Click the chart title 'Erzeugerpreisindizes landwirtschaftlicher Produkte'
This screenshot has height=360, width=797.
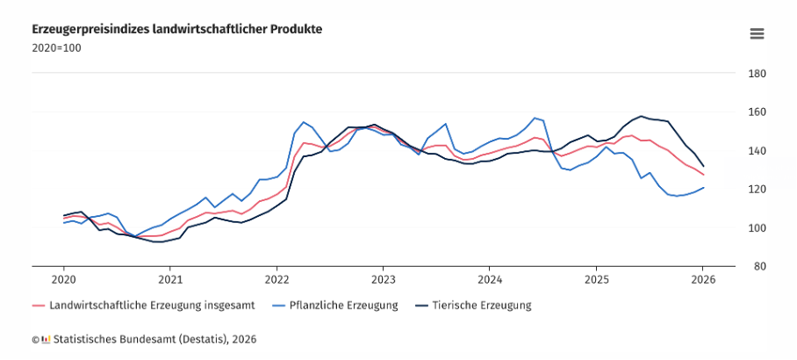pyautogui.click(x=176, y=29)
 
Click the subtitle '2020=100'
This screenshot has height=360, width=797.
pyautogui.click(x=56, y=47)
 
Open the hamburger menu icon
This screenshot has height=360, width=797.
pyautogui.click(x=757, y=33)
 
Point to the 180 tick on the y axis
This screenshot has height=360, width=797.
pyautogui.click(x=757, y=74)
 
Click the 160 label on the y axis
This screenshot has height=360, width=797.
pyautogui.click(x=757, y=112)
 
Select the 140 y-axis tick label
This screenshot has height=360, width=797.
pyautogui.click(x=757, y=151)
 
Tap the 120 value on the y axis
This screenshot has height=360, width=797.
pyautogui.click(x=757, y=190)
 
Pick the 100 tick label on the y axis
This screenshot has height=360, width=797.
pyautogui.click(x=757, y=228)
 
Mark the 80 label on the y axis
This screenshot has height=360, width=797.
pyautogui.click(x=758, y=266)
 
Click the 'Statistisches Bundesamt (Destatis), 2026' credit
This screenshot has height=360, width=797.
pyautogui.click(x=154, y=338)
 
